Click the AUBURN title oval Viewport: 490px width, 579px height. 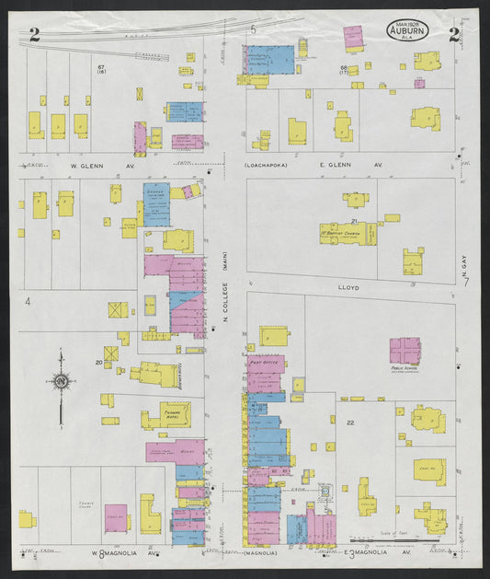pyautogui.click(x=406, y=33)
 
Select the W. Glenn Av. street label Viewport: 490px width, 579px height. pyautogui.click(x=90, y=166)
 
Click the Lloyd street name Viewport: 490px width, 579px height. pyautogui.click(x=349, y=288)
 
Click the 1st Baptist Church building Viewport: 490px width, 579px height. pyautogui.click(x=348, y=235)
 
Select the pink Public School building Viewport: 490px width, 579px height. pyautogui.click(x=405, y=352)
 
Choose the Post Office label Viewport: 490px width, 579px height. pyautogui.click(x=264, y=363)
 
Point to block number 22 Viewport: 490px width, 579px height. pyautogui.click(x=350, y=423)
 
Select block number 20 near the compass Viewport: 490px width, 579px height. pyautogui.click(x=98, y=362)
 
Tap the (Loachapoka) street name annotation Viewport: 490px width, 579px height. pyautogui.click(x=266, y=166)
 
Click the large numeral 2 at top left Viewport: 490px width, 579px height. pyautogui.click(x=34, y=36)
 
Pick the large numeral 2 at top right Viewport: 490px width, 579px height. pyautogui.click(x=454, y=36)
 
